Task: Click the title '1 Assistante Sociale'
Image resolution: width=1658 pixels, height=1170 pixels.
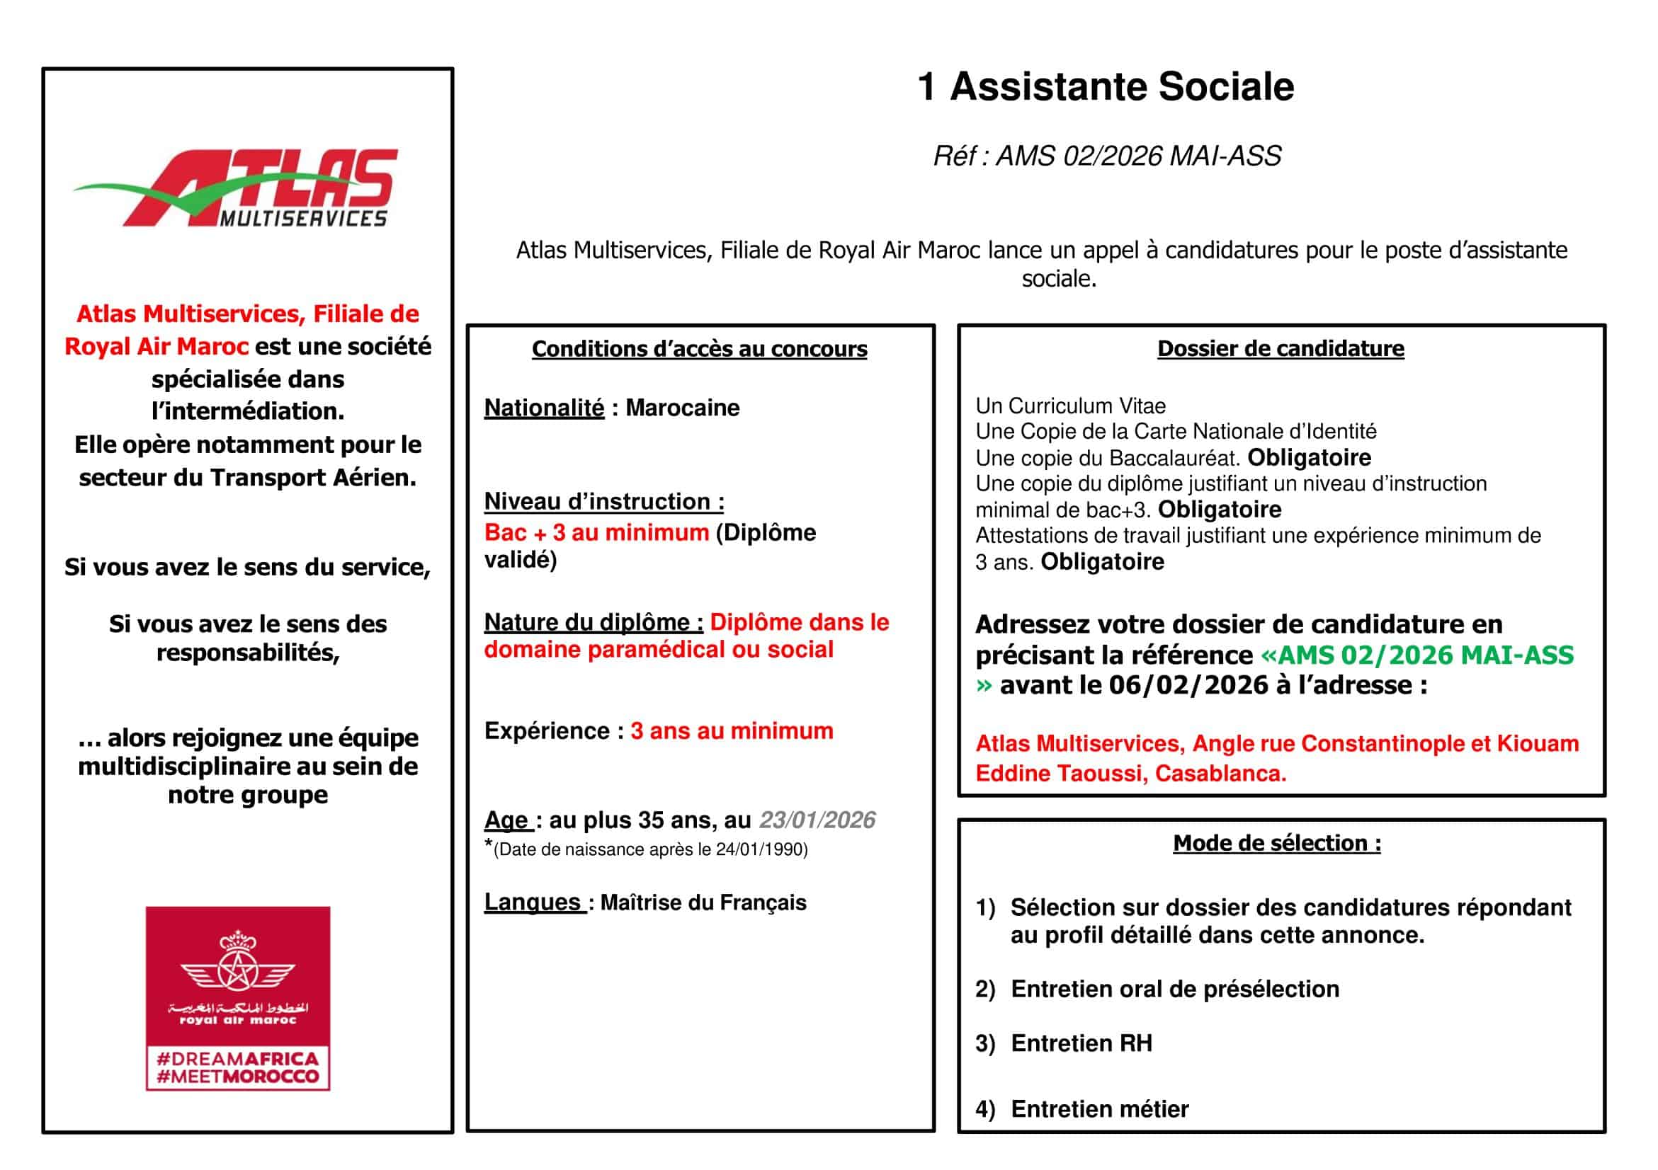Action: [x=1106, y=87]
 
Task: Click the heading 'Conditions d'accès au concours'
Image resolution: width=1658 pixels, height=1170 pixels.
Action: [x=699, y=350]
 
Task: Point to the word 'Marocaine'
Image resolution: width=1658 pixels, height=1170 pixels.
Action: [x=683, y=408]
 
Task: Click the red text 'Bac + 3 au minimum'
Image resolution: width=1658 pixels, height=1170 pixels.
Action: [x=596, y=533]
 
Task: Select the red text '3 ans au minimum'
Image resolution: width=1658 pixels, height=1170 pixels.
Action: [x=732, y=731]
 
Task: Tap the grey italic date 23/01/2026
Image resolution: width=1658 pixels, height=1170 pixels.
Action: [x=817, y=820]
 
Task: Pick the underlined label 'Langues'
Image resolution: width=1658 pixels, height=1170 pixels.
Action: [x=533, y=902]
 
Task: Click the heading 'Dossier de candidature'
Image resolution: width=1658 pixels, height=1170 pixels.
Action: [x=1281, y=349]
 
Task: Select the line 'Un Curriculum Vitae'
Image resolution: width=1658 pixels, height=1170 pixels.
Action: [x=1070, y=406]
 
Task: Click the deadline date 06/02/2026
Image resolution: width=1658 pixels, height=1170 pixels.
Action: [x=1188, y=685]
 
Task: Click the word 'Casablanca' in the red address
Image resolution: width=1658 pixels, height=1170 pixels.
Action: [x=1220, y=774]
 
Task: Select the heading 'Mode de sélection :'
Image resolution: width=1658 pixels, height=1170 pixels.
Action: [x=1277, y=843]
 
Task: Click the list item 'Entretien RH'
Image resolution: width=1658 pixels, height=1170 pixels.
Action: [x=1081, y=1044]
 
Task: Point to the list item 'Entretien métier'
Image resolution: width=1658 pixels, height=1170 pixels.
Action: [x=1099, y=1109]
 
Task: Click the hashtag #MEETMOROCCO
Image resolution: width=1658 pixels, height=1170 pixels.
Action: [x=237, y=1076]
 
